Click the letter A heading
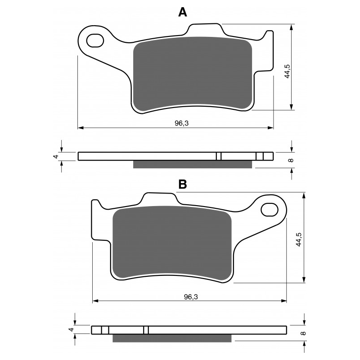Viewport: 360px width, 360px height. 182,12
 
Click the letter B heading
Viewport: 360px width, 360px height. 182,184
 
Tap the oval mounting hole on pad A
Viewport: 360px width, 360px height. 95,40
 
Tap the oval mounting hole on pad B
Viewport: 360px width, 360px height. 269,209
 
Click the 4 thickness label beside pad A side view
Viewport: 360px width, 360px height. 55,156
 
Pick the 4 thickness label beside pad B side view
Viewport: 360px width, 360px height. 70,330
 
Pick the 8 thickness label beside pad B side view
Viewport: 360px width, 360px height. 304,333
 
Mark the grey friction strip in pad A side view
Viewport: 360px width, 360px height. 192,164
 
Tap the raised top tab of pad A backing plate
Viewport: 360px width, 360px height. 205,29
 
